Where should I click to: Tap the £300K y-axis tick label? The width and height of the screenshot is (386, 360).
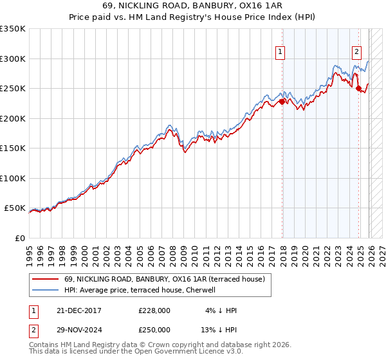coord(12,59)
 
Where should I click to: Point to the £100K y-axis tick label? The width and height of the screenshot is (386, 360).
coord(12,178)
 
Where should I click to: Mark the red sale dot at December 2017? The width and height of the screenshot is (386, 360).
coord(282,102)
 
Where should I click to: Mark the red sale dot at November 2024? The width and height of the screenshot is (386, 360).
coord(358,89)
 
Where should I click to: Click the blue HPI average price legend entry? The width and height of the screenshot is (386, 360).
coord(139,291)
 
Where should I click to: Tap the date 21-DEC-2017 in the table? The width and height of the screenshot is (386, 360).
coord(78,310)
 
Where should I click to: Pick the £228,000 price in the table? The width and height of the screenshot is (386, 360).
coord(154,310)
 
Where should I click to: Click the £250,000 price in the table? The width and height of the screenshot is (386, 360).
coord(154,329)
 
